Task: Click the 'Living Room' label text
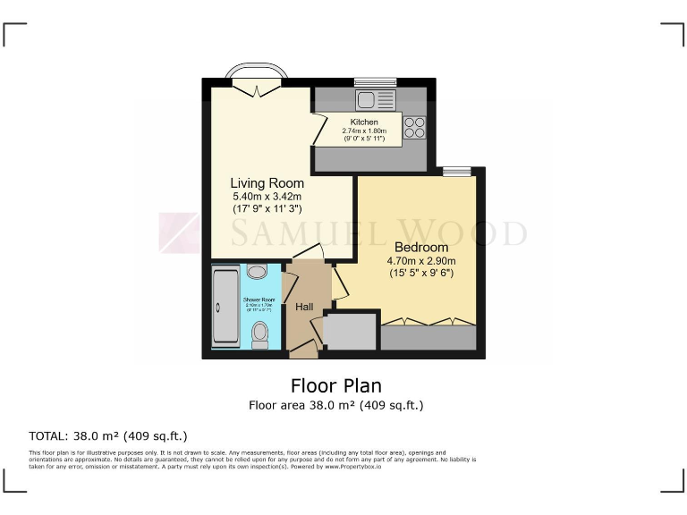coord(267,182)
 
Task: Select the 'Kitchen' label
coord(364,122)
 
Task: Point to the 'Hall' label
coord(304,307)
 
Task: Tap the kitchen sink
coord(369,98)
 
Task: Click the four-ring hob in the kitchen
coord(414,128)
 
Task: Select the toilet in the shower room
coord(260,334)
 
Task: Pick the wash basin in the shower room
coord(257,272)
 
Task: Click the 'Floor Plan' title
coord(336,385)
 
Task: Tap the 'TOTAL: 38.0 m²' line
coord(108,436)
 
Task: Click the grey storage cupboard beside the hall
coord(351,332)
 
